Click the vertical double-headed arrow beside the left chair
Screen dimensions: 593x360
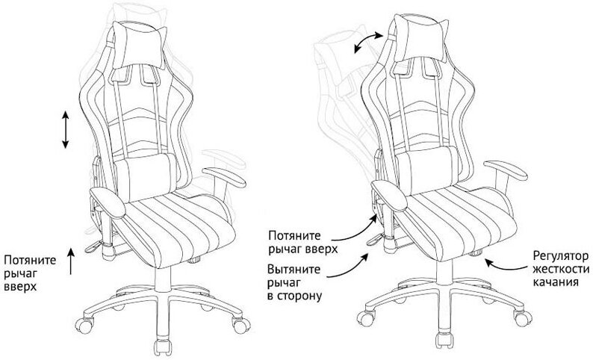point(66,130)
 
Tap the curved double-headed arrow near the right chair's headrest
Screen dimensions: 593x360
point(370,41)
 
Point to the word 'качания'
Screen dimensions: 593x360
point(557,282)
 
